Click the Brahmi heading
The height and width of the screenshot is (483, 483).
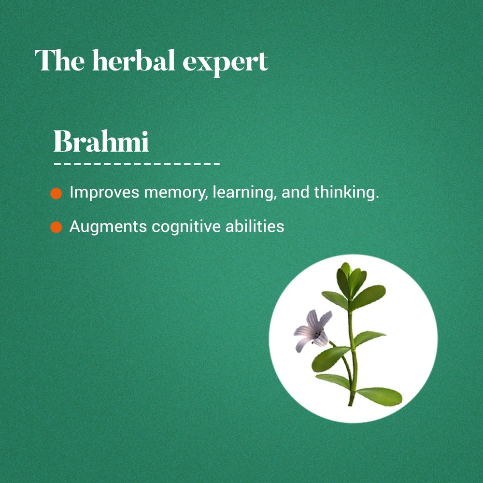101,141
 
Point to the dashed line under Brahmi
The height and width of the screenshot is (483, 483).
137,164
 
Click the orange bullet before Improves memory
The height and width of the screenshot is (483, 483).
56,194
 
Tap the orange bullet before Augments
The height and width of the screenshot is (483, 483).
56,227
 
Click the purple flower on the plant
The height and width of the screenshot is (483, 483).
313,330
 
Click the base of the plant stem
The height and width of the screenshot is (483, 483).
351,402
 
